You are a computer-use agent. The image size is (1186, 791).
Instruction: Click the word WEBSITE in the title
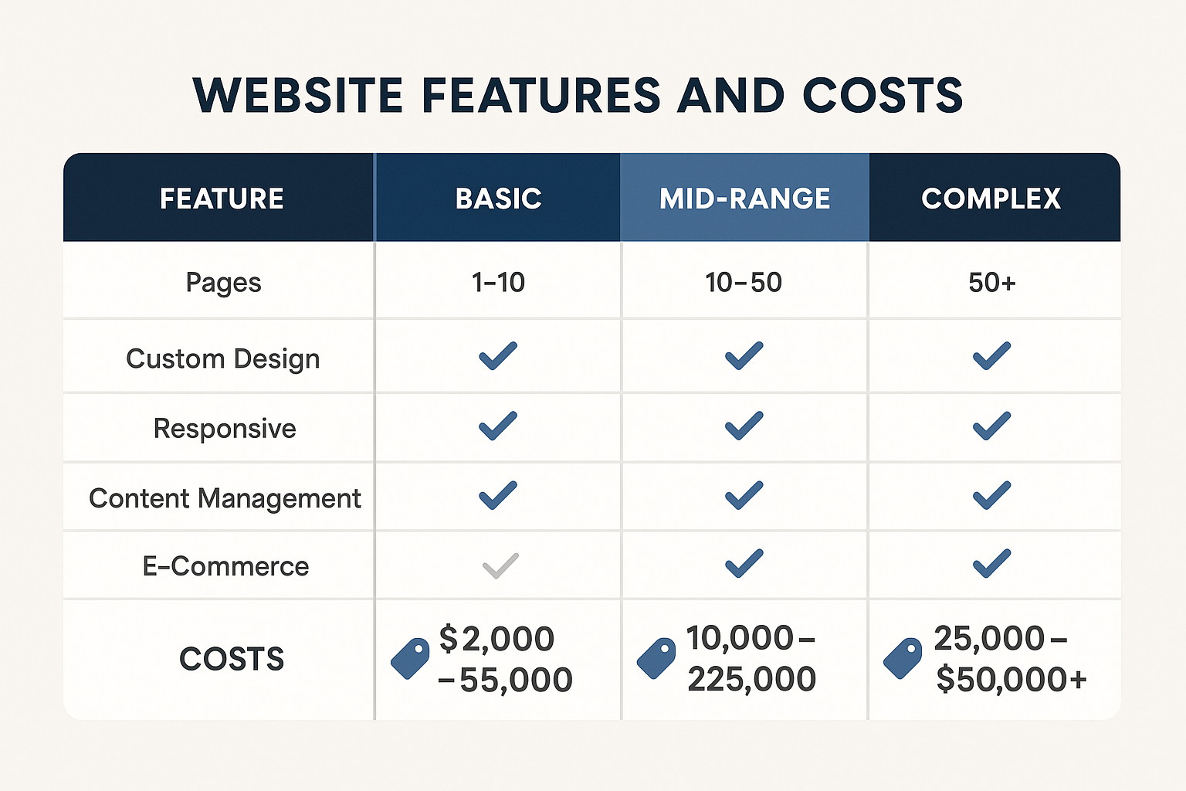[x=298, y=96]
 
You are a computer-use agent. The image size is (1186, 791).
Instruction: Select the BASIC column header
[x=498, y=199]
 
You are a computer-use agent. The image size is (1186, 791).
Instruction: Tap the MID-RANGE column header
[x=744, y=199]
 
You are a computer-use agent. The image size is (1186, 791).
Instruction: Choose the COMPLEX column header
[x=991, y=199]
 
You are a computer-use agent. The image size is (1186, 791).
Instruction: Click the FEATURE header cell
[x=222, y=199]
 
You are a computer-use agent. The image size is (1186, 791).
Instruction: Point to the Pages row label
[x=223, y=283]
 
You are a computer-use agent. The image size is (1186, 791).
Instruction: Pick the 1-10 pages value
[x=498, y=283]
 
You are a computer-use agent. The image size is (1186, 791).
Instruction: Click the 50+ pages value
[x=991, y=283]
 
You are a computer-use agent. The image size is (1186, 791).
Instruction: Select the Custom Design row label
[x=222, y=359]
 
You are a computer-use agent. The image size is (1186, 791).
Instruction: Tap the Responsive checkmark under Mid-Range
[x=744, y=426]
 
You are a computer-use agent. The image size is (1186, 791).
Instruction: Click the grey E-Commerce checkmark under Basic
[x=500, y=566]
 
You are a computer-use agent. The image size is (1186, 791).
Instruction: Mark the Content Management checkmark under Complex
[x=991, y=495]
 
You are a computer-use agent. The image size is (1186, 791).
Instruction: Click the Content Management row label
[x=225, y=498]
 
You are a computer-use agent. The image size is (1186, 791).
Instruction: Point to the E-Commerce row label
[x=225, y=566]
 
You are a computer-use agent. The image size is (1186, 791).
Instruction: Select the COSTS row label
[x=232, y=659]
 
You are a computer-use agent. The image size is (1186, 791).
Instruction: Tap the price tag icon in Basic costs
[x=410, y=659]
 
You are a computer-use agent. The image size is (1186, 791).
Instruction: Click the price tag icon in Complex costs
[x=903, y=659]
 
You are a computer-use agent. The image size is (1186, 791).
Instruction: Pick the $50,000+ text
[x=1011, y=680]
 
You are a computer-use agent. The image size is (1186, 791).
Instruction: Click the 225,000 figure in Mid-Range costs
[x=751, y=680]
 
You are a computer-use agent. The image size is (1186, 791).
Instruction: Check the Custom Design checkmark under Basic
[x=498, y=356]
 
